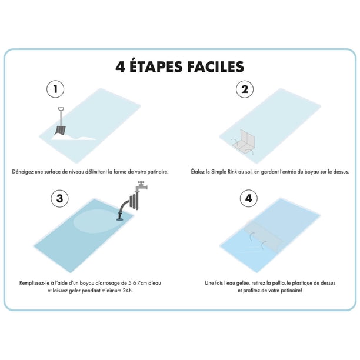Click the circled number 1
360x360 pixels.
tap(55, 89)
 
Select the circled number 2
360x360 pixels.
tap(245, 89)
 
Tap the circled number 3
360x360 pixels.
tap(59, 198)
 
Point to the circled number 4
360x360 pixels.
tap(249, 198)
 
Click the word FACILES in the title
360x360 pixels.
tap(215, 66)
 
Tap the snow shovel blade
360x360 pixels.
tap(61, 130)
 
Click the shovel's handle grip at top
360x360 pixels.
tap(61, 109)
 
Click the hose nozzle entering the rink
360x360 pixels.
tap(120, 216)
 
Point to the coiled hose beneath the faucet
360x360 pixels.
tap(134, 201)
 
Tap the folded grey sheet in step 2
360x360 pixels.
tap(244, 142)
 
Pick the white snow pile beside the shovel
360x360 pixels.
tap(73, 137)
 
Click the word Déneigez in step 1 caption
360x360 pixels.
tap(23, 172)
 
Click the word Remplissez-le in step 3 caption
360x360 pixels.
tap(34, 283)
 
